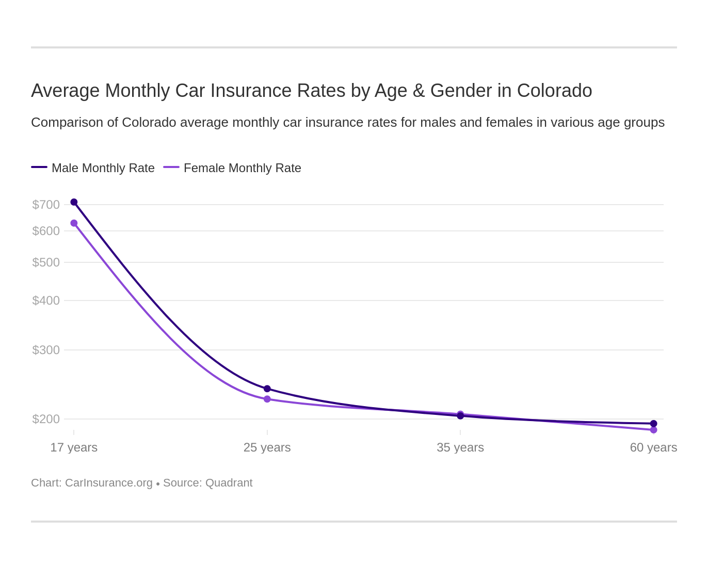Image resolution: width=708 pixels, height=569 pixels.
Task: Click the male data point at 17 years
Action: (74, 202)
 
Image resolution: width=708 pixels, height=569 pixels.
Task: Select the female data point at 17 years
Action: (74, 223)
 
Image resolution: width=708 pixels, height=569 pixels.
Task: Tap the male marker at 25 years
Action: (267, 389)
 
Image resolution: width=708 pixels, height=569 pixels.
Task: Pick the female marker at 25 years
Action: (267, 399)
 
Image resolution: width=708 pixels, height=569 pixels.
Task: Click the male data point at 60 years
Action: (653, 424)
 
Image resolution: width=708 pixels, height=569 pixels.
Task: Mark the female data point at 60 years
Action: (653, 430)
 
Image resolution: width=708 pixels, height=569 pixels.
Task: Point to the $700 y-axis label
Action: (46, 205)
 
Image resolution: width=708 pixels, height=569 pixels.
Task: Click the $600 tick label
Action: (46, 231)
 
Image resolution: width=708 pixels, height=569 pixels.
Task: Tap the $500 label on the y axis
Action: (46, 262)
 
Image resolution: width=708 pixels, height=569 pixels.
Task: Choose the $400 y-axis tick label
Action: (46, 300)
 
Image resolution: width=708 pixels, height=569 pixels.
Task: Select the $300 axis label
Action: (46, 350)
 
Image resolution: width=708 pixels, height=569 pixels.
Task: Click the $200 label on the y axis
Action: (46, 419)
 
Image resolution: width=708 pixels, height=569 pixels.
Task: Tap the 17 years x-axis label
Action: (74, 447)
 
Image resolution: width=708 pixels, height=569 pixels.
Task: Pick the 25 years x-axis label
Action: (267, 447)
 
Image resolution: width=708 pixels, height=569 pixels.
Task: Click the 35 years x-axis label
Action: (460, 447)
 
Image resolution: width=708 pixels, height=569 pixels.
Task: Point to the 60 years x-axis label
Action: (653, 447)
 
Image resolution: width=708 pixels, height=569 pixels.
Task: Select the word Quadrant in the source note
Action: (229, 483)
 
